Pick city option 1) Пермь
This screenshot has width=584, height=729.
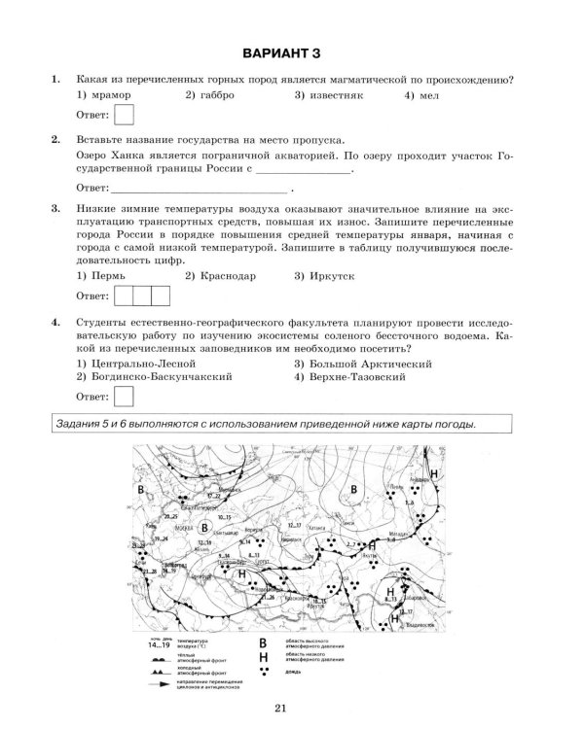tap(100, 276)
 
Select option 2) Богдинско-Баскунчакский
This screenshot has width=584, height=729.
tap(154, 375)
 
